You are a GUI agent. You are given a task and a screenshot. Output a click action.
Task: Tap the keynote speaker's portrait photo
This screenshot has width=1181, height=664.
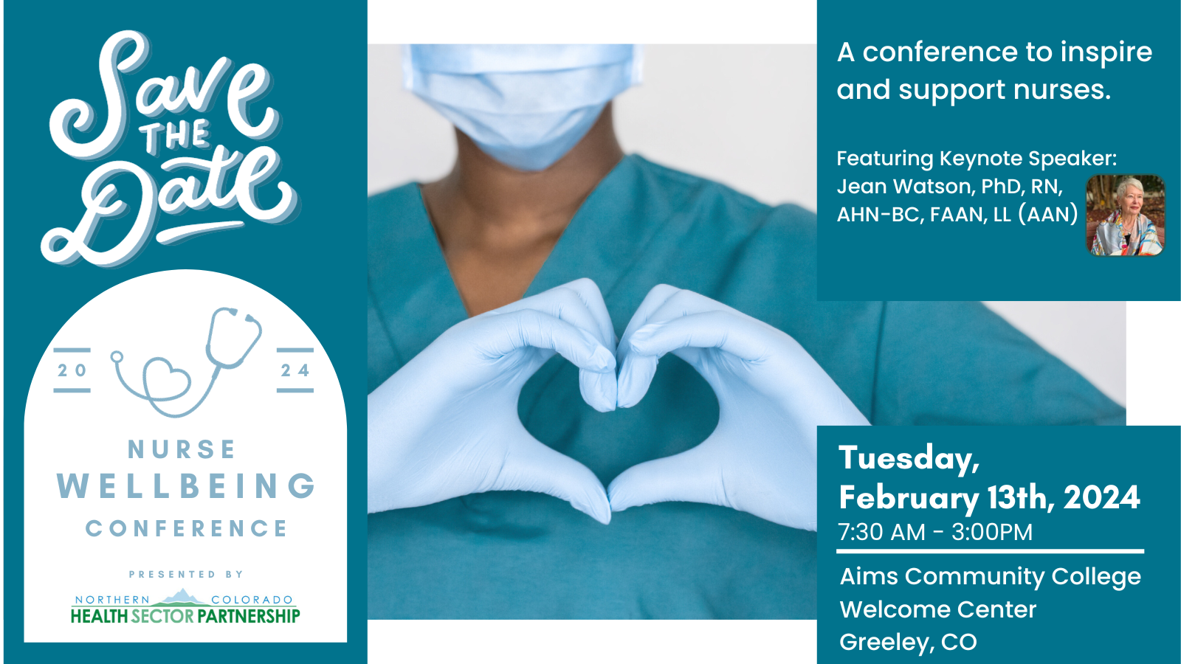1125,215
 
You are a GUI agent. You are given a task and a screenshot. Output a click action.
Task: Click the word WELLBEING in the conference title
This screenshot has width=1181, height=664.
186,487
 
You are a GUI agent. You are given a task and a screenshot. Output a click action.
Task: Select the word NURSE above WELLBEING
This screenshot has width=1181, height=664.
182,449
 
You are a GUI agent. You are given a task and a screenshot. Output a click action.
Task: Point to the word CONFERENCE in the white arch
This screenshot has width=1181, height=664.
186,528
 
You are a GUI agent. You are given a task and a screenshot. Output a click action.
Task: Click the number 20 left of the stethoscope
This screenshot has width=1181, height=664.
72,370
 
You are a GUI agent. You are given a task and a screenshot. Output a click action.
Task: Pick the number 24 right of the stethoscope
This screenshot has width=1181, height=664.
295,370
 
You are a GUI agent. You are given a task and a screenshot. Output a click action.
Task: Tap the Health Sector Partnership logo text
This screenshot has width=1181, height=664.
185,615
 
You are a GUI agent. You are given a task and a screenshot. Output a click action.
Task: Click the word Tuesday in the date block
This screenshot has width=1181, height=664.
909,459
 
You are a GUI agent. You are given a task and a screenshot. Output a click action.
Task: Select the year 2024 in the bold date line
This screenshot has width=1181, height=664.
1102,498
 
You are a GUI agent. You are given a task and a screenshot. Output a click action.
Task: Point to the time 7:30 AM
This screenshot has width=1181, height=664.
881,532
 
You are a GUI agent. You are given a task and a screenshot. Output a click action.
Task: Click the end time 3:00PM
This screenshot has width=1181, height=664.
992,532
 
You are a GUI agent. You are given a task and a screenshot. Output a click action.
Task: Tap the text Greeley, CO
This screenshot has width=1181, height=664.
908,642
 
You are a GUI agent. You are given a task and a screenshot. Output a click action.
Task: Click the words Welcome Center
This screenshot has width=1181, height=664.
938,609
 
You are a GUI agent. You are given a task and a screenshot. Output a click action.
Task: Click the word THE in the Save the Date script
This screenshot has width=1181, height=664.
176,136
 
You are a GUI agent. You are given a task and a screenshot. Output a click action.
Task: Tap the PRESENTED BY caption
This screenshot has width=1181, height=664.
186,574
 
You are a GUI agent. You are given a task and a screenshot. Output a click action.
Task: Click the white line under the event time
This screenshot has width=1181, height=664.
990,551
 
